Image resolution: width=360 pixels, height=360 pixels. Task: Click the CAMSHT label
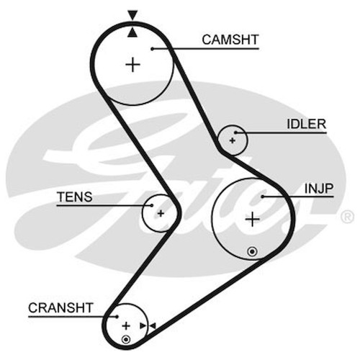tap(230, 40)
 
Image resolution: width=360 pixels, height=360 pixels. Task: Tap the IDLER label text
tap(307, 124)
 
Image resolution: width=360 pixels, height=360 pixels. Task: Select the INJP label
tap(319, 189)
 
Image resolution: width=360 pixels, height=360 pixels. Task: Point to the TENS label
tap(75, 197)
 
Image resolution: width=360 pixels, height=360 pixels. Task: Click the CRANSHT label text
tap(60, 307)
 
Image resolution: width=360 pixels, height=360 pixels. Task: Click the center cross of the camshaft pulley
tap(132, 65)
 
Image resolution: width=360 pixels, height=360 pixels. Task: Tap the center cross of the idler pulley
tap(233, 140)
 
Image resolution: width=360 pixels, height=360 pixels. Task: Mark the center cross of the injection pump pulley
tap(252, 219)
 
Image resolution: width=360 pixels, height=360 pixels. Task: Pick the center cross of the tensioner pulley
tap(161, 213)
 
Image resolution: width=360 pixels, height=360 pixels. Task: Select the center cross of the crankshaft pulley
tap(126, 326)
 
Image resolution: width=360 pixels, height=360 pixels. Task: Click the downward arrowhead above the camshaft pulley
tap(132, 15)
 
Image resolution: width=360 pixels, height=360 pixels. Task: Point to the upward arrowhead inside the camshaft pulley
tap(132, 33)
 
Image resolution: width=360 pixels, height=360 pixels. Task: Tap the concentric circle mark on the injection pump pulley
tap(252, 251)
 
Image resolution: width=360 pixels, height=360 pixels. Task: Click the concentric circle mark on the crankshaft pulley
tap(126, 340)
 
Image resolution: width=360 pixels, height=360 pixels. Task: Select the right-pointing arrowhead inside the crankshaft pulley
tap(143, 326)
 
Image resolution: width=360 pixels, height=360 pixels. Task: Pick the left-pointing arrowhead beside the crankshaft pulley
tap(153, 326)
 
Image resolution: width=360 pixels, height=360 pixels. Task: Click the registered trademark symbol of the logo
tap(347, 217)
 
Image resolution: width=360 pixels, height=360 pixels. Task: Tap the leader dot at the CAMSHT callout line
tap(152, 49)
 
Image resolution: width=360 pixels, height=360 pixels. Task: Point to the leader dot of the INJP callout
tap(263, 197)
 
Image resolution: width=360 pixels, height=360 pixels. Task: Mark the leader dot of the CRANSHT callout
tap(117, 317)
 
